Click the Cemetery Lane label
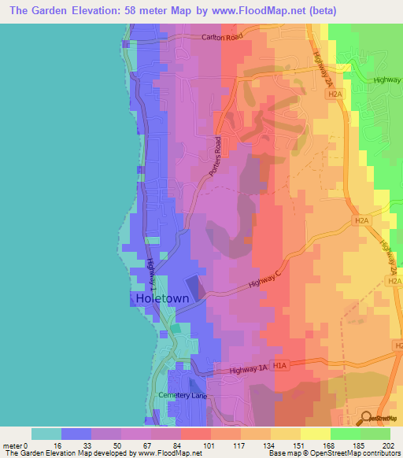click(183, 395)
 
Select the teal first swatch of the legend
click(46, 434)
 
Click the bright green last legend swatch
click(375, 434)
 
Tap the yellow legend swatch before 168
click(286, 434)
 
